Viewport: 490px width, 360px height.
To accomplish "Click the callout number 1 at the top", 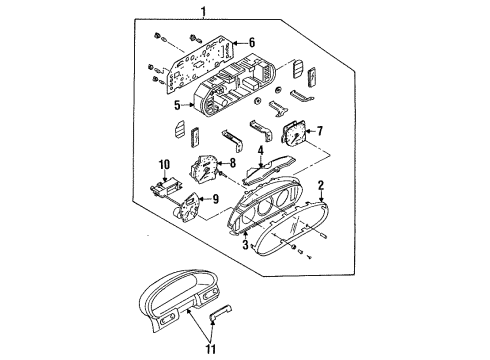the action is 203,12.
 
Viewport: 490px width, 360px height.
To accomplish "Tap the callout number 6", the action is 252,42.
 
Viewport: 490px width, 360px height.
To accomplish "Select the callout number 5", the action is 177,105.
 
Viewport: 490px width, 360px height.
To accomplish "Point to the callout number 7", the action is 320,131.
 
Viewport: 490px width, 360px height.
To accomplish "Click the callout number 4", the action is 261,151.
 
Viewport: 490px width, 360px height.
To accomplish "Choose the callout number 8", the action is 232,163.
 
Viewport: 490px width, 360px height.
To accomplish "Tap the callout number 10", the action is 164,165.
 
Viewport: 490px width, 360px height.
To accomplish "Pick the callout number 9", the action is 216,199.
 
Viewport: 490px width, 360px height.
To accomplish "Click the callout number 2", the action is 321,185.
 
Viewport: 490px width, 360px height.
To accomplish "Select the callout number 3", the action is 245,245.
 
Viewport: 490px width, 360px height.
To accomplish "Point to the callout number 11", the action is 211,349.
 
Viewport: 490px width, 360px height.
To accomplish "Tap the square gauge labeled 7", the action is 293,133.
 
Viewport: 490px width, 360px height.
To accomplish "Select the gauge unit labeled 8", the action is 204,169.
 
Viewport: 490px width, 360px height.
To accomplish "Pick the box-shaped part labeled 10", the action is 166,189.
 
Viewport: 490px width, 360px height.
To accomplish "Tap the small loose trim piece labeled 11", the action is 220,313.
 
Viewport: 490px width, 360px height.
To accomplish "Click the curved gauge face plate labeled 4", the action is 269,169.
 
